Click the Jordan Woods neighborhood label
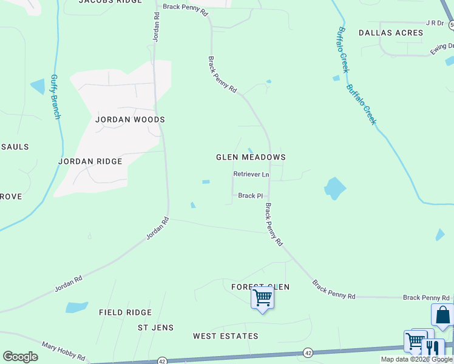130,120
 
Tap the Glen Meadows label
251,157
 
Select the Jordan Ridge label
90,161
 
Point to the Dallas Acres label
390,33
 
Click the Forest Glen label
260,286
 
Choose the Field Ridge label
125,312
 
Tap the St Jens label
155,328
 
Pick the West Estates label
225,336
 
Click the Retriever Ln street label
251,175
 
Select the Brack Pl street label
250,196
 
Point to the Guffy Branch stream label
55,97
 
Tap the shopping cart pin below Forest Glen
262,297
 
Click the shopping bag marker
442,315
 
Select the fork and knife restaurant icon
432,348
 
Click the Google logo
20,357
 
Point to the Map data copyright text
417,360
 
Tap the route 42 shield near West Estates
308,353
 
